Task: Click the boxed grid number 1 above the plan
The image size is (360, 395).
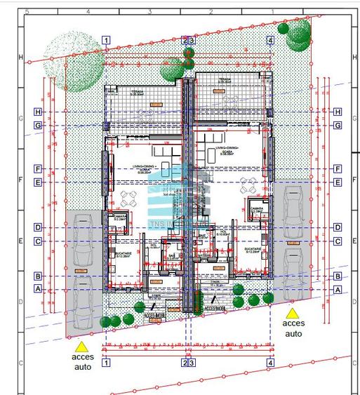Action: click(105, 40)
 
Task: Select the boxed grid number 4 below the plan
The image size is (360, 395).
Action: click(270, 363)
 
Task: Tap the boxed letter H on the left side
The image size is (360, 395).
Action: click(38, 112)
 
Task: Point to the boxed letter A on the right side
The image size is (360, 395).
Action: click(338, 289)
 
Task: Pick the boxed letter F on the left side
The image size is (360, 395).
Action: click(38, 169)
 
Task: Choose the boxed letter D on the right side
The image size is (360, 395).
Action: click(338, 227)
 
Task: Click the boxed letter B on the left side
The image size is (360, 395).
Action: click(38, 276)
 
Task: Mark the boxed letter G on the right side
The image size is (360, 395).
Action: click(338, 126)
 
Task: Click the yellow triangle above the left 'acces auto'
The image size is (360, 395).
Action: click(82, 346)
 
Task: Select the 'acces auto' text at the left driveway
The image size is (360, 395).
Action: click(82, 361)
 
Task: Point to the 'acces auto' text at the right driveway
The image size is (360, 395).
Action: click(293, 328)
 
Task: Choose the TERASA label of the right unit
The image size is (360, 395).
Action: click(225, 80)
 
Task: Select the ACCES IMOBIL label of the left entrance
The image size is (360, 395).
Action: click(154, 315)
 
